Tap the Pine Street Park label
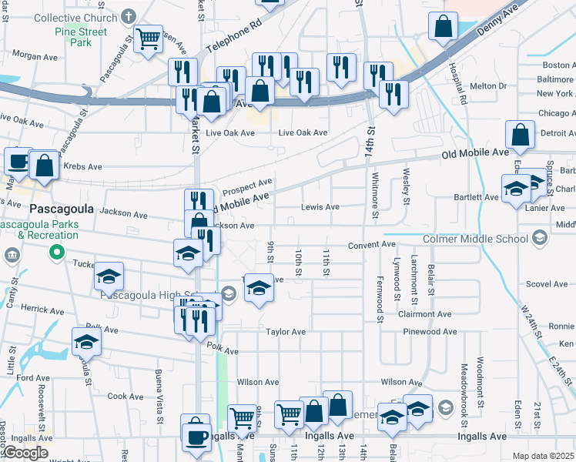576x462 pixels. click(x=81, y=37)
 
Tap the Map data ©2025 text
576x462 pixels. click(x=543, y=456)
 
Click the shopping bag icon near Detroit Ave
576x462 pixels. click(x=521, y=134)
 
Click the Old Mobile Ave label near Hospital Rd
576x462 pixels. click(x=475, y=154)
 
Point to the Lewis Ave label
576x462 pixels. click(x=320, y=207)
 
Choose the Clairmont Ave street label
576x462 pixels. click(x=424, y=314)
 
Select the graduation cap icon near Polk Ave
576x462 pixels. click(x=86, y=341)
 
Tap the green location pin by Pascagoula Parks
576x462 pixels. click(x=55, y=252)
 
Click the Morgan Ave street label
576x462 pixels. click(x=35, y=56)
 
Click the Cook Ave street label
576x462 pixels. click(x=125, y=397)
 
